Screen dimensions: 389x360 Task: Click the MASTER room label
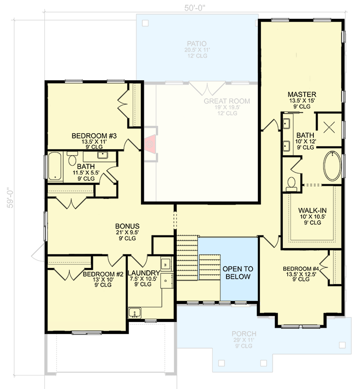pyautogui.click(x=302, y=94)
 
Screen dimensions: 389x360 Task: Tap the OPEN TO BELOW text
pyautogui.click(x=237, y=273)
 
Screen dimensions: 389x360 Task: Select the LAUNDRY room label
pyautogui.click(x=143, y=273)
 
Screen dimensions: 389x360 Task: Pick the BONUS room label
pyautogui.click(x=127, y=226)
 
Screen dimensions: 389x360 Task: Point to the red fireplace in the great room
pyautogui.click(x=151, y=143)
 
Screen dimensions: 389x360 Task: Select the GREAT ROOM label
pyautogui.click(x=226, y=101)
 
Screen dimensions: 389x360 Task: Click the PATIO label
pyautogui.click(x=196, y=43)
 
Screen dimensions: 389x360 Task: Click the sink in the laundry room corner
pyautogui.click(x=134, y=312)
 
